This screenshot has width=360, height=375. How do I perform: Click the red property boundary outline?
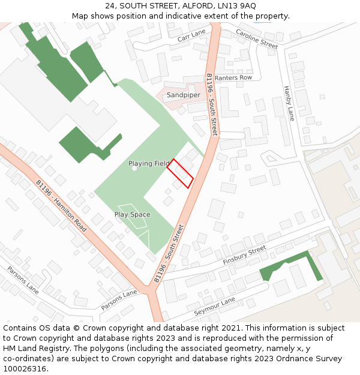click(x=180, y=173)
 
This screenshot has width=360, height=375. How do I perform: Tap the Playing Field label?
click(x=149, y=163)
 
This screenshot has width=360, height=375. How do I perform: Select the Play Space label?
click(x=132, y=214)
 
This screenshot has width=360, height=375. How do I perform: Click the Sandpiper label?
click(x=184, y=95)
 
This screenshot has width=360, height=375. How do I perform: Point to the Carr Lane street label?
click(x=191, y=35)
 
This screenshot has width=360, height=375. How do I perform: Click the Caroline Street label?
click(x=257, y=38)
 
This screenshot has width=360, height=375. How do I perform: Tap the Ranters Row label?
click(x=233, y=77)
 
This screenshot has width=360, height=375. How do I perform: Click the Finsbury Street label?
click(x=244, y=257)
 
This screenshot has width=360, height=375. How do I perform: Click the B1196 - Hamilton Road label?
click(x=61, y=206)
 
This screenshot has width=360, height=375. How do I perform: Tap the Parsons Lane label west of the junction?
click(x=23, y=280)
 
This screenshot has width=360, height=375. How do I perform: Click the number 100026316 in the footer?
click(x=26, y=369)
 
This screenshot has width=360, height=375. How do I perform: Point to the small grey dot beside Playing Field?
click(x=134, y=169)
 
